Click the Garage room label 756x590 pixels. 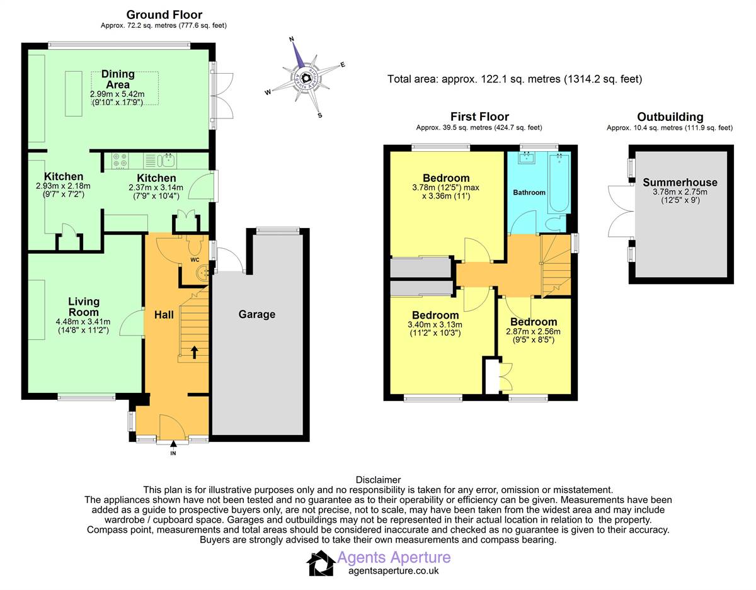pos(257,314)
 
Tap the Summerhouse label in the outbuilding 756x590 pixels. pos(680,182)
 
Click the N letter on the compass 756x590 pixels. pos(292,39)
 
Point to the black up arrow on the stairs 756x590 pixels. pos(195,352)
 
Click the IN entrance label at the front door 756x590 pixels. pos(173,453)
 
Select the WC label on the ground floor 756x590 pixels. pos(195,260)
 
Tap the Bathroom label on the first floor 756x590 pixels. pos(529,192)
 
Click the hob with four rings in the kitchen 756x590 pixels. pos(120,161)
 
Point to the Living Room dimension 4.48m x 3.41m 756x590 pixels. pos(83,322)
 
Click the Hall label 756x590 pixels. pos(164,315)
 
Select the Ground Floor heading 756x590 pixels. pos(164,14)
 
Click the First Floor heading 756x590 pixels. pos(479,116)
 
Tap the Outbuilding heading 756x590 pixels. pos(670,117)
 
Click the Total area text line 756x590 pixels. pos(515,79)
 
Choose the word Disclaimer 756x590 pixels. pos(378,480)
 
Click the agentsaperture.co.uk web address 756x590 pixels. pos(394,570)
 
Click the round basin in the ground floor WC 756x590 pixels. pos(203,271)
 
